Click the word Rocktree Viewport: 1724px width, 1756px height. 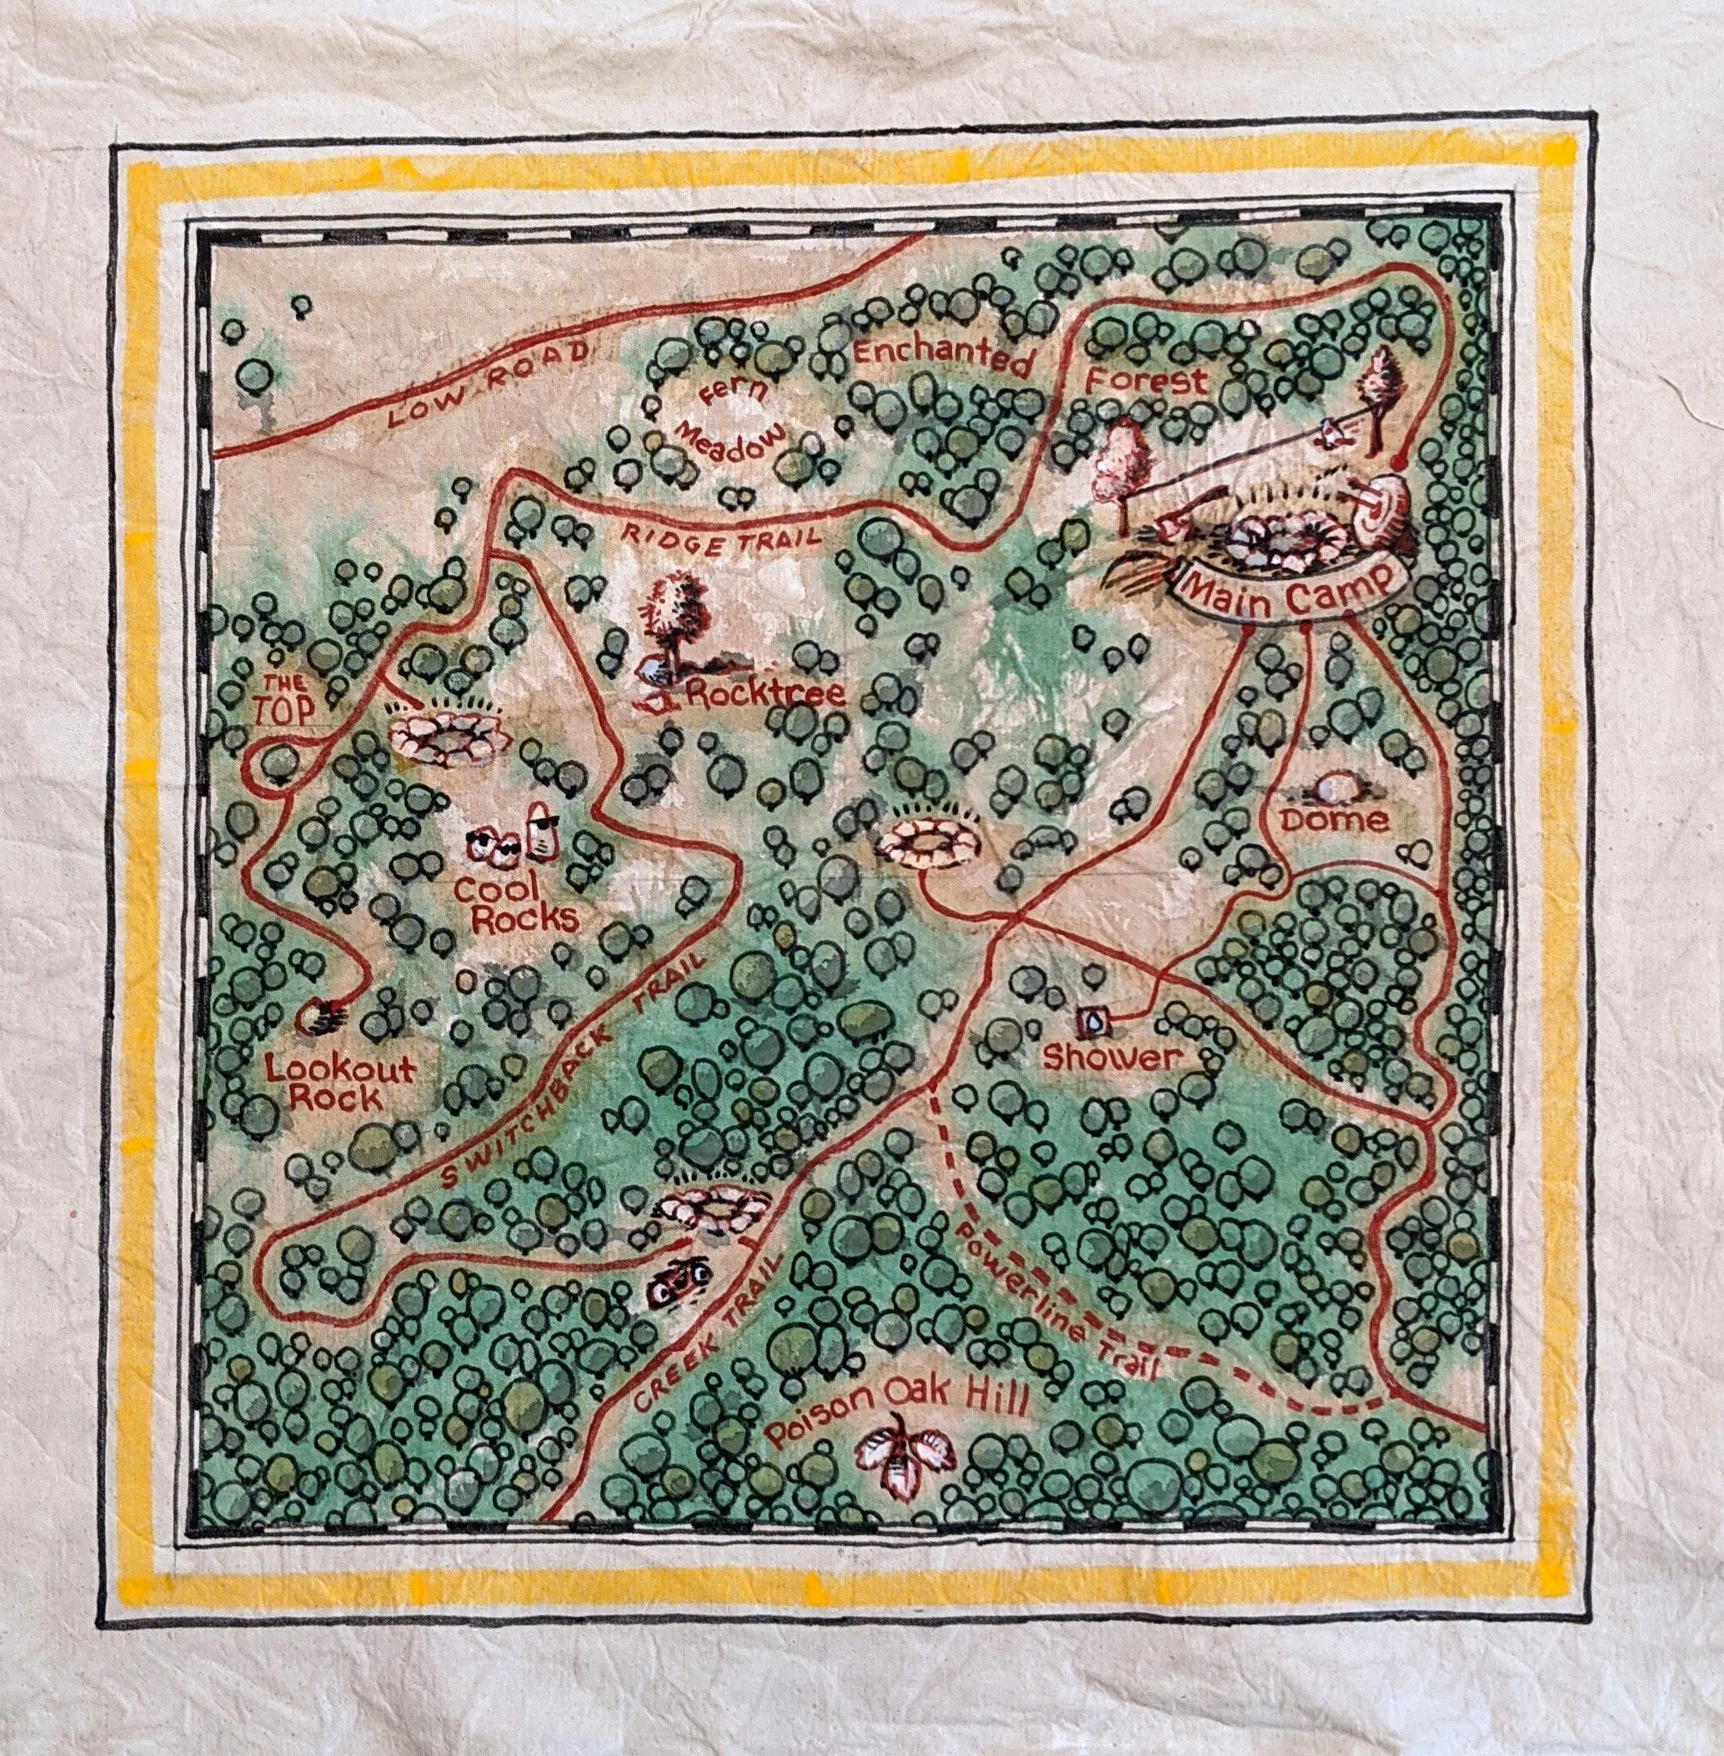766,695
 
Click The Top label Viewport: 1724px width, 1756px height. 287,697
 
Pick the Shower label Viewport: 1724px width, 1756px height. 1112,1056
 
